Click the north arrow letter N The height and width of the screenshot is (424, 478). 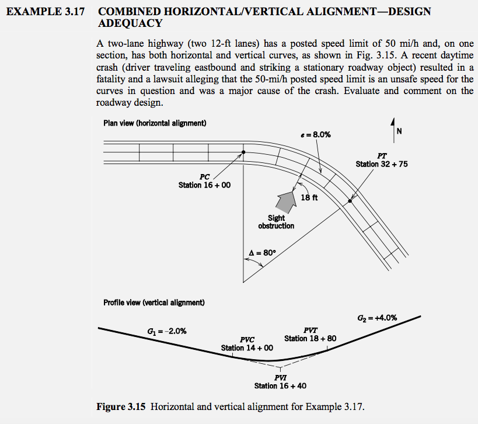tap(399, 131)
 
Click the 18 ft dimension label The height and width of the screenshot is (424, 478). tap(309, 197)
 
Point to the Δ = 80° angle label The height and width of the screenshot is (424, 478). tap(260, 253)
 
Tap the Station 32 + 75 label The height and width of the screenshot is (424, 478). tap(382, 164)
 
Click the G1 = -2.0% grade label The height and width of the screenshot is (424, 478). tap(167, 331)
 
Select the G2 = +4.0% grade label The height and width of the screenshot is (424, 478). tap(377, 318)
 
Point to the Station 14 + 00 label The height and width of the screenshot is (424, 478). tap(247, 347)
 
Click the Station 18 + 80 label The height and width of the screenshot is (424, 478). tap(310, 338)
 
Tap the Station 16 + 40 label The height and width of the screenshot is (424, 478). tap(280, 385)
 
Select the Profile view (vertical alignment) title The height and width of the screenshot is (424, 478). tap(153, 303)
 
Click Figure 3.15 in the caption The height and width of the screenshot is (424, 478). tap(122, 406)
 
